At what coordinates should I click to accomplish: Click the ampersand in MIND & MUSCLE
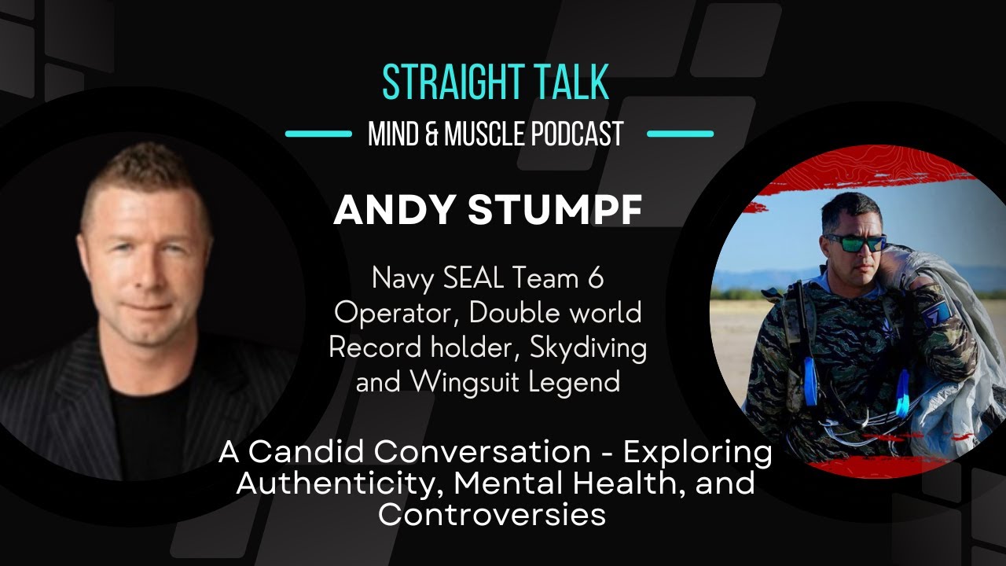click(432, 134)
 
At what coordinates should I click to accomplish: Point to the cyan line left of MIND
click(318, 134)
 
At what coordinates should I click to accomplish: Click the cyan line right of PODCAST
click(680, 134)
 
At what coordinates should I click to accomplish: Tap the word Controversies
click(491, 514)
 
